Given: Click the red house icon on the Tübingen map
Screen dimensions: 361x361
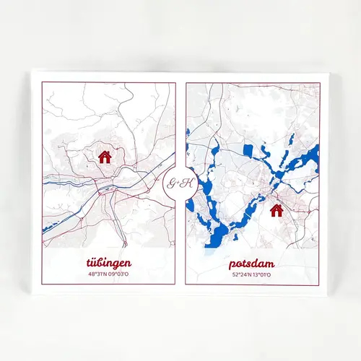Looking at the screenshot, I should point(105,157).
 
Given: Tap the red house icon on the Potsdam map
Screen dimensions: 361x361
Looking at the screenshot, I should point(276,210).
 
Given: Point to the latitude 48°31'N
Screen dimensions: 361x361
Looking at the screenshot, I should point(99,274).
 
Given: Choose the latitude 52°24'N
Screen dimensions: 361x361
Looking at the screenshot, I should point(241,275).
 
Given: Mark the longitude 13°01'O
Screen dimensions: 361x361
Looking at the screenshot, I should point(263,275).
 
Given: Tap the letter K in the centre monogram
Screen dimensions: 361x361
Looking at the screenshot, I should point(187,183).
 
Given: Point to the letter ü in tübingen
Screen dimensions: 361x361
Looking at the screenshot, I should point(95,261).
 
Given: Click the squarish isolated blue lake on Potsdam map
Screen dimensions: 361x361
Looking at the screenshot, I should point(248,152).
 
